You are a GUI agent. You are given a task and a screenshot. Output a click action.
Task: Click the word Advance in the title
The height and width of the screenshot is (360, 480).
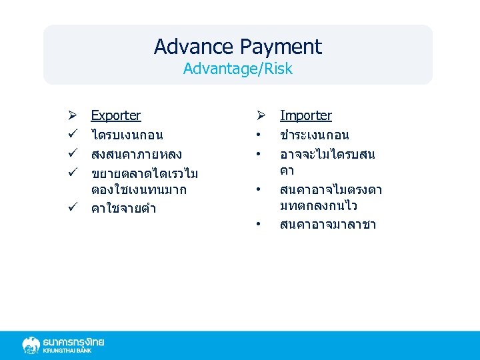coord(194,47)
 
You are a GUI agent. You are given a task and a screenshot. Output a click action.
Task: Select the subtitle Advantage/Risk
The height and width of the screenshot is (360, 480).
coord(238,69)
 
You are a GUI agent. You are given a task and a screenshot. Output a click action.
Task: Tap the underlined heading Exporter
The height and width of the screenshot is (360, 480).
coord(116,115)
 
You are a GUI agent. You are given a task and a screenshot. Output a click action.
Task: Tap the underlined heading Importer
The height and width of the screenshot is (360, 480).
coord(306,115)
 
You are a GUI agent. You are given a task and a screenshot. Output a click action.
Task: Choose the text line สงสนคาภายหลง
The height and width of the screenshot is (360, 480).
coord(137,155)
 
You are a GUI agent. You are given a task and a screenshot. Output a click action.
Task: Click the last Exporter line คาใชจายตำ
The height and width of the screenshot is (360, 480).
coord(123,209)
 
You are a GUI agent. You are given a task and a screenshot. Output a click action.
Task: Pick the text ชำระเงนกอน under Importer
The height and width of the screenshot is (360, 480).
coord(315,135)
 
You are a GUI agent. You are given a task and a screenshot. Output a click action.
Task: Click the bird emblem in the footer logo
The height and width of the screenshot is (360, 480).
coord(31,345)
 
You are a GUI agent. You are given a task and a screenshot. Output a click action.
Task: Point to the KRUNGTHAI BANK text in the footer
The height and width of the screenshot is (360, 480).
coord(67,351)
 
